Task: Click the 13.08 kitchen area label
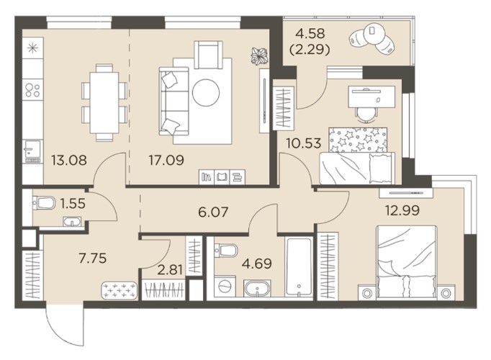[x=69, y=161]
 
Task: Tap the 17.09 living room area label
[x=166, y=161]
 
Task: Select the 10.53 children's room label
[x=303, y=143]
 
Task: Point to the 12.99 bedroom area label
[x=402, y=210]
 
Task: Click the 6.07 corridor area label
[x=213, y=212]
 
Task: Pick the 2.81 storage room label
[x=170, y=269]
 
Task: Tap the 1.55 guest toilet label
[x=73, y=204]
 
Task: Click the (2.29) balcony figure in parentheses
[x=310, y=50]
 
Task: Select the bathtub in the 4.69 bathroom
[x=299, y=267]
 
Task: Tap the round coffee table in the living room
[x=206, y=93]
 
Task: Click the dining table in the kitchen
[x=104, y=103]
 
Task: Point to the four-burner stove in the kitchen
[x=32, y=90]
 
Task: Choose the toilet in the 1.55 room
[x=44, y=202]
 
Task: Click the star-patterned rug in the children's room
[x=358, y=140]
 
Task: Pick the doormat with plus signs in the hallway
[x=120, y=290]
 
